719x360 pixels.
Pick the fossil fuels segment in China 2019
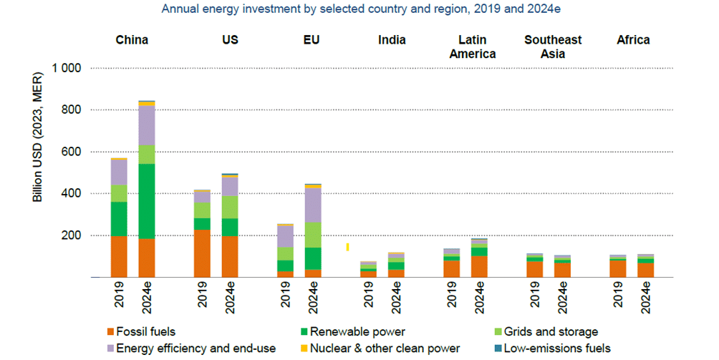point(119,256)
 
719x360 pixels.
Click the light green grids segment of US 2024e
point(230,207)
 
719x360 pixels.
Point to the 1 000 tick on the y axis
point(69,69)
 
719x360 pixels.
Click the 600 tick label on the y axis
point(72,152)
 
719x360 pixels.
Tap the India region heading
point(392,40)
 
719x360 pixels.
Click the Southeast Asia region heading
point(552,47)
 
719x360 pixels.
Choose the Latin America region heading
point(477,47)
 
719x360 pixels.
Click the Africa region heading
point(633,40)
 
